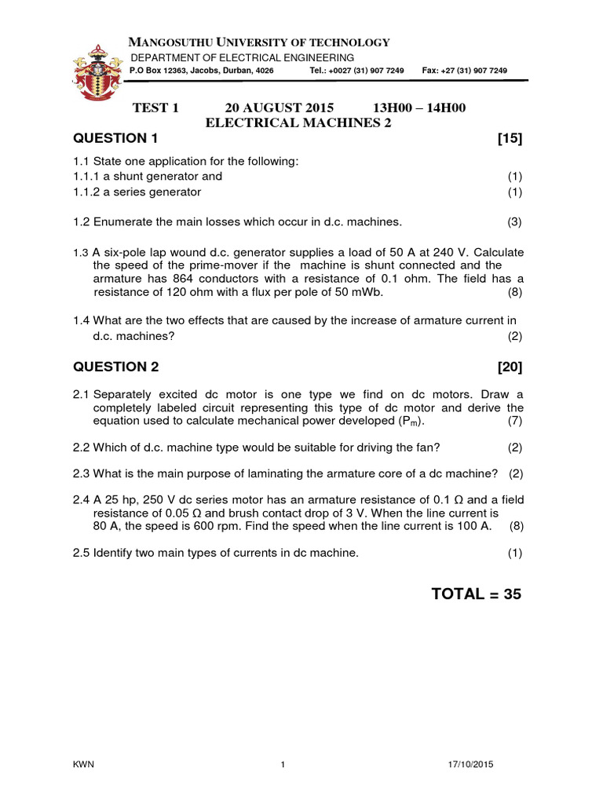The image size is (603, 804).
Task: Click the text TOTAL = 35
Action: tap(476, 594)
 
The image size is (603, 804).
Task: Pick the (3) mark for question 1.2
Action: tap(514, 222)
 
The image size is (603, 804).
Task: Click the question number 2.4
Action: tap(82, 499)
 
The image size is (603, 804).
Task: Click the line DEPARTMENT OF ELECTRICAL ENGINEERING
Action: tap(242, 58)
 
